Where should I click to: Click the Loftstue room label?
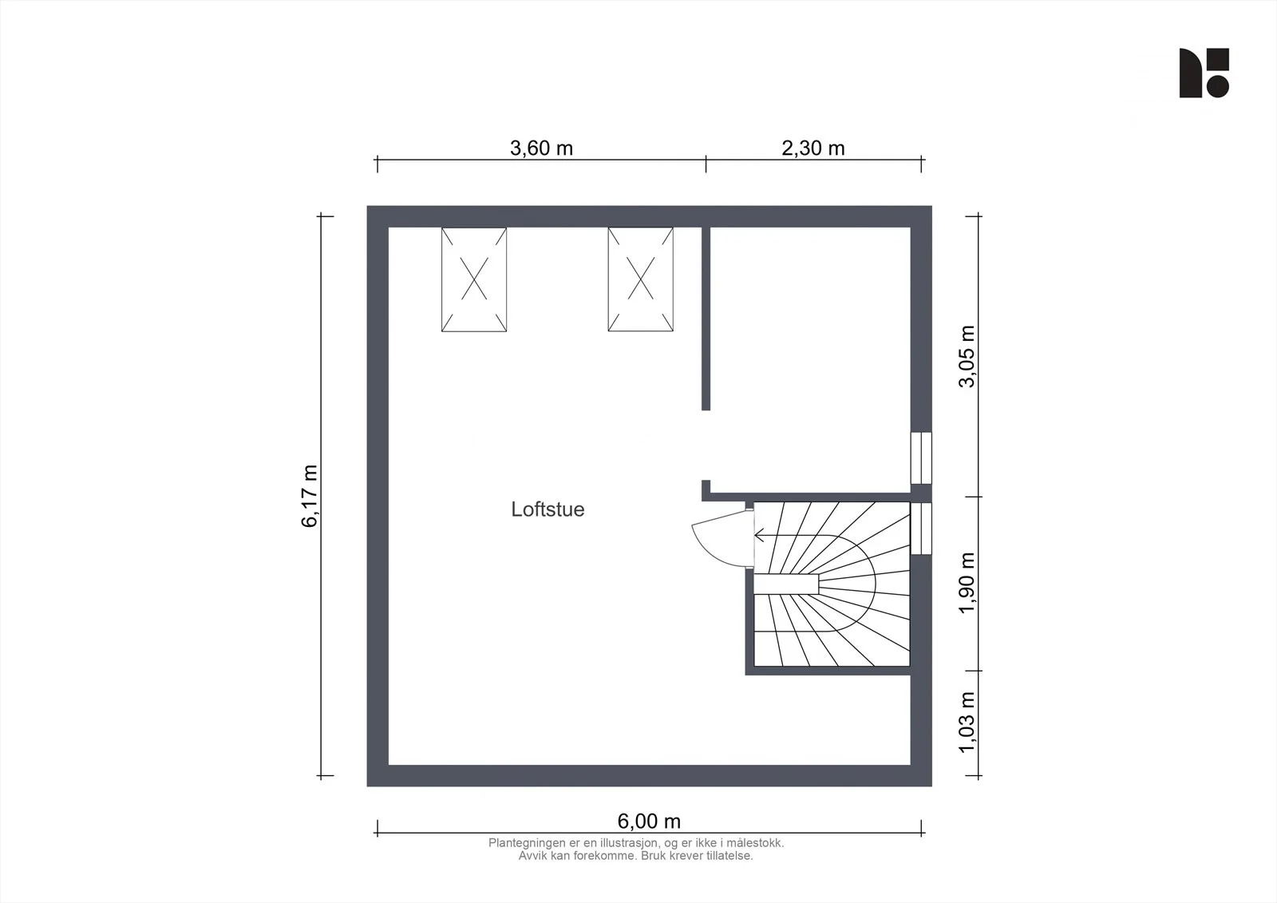(548, 509)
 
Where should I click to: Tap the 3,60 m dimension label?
(541, 148)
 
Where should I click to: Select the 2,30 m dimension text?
(813, 148)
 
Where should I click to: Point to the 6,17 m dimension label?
(310, 496)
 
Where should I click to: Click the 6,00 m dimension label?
(649, 821)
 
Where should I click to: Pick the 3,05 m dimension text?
(967, 357)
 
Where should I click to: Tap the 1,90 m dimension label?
(967, 582)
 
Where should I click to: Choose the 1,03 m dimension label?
(967, 723)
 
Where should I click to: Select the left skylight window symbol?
(474, 279)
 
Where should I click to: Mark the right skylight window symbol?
(640, 279)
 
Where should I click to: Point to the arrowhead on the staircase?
(758, 536)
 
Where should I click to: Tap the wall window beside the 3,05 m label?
(921, 458)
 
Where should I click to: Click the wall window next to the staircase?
(921, 529)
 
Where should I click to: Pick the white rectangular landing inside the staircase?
(786, 584)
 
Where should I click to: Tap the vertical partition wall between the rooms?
(706, 319)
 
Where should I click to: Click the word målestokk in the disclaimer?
(757, 843)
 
